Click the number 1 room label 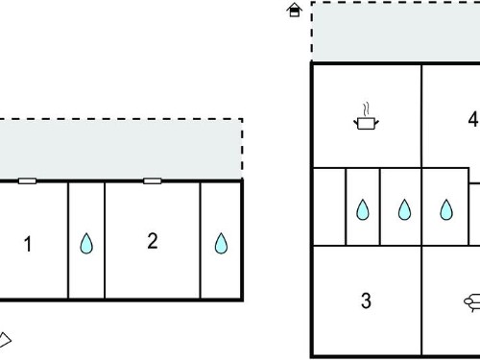tap(28, 244)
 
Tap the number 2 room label tap(153, 241)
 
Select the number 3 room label tap(366, 300)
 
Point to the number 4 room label tap(473, 119)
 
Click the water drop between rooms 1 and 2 tap(86, 244)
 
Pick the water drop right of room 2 tap(221, 244)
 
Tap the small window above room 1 tap(27, 181)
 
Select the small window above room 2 tap(153, 181)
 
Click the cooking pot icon tap(367, 123)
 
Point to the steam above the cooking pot tap(367, 109)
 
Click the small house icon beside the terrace tap(295, 10)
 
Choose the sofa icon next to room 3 tap(472, 302)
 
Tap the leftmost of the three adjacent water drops tap(363, 210)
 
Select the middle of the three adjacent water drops tap(404, 210)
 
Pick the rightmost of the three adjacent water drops tap(446, 210)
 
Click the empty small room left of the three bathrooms tap(329, 206)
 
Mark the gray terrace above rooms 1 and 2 tap(121, 150)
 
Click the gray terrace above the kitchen tap(396, 32)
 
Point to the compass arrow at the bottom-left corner tap(5, 340)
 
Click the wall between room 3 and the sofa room tap(421, 300)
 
